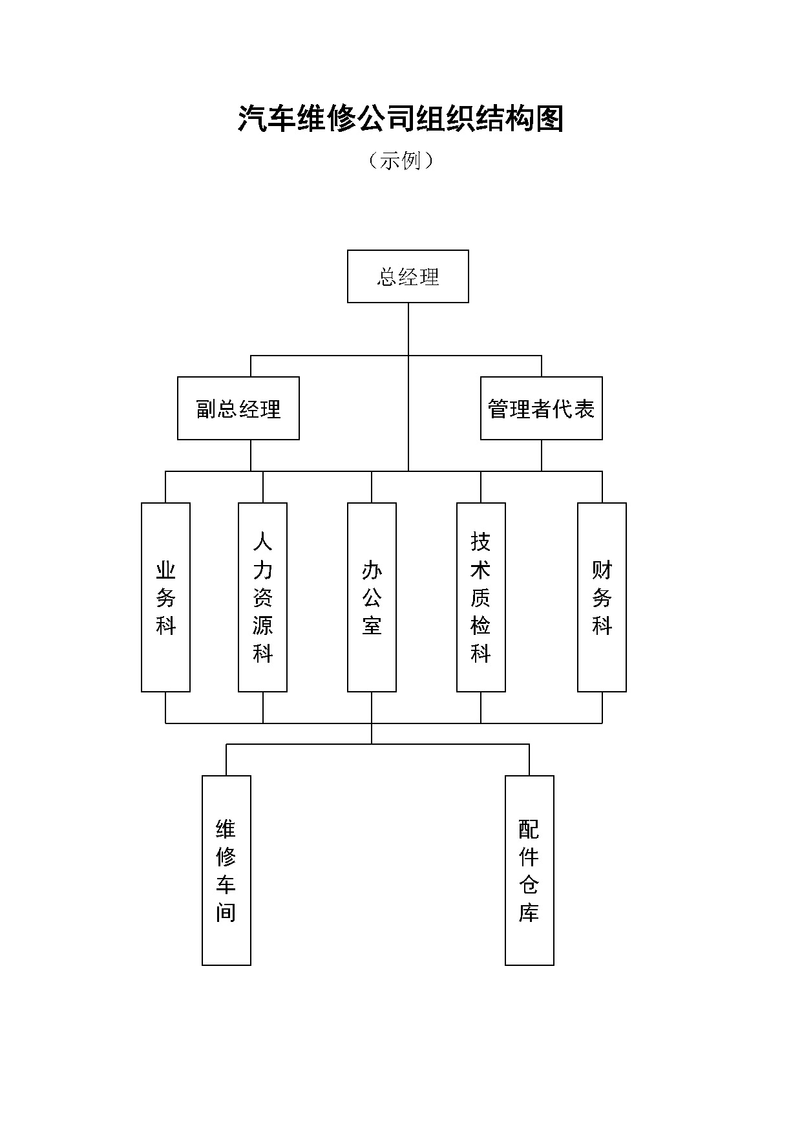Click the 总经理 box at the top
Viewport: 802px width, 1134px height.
coord(408,277)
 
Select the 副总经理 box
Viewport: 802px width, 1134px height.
coord(238,409)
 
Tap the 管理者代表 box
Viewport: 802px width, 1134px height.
coord(541,409)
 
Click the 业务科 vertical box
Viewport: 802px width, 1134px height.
coord(165,597)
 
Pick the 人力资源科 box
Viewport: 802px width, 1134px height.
coord(262,597)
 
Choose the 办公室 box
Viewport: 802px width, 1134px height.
coord(372,597)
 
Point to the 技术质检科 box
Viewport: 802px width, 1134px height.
coord(481,597)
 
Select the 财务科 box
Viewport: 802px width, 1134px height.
coord(602,597)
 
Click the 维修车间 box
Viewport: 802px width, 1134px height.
coord(226,870)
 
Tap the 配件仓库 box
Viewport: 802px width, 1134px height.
coord(529,870)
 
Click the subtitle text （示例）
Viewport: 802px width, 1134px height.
coord(401,160)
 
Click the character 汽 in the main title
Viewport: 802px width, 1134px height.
coord(252,119)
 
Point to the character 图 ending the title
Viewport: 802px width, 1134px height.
coord(550,119)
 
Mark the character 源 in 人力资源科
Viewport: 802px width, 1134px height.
coord(262,625)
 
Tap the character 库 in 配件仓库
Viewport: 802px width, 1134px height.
coord(529,912)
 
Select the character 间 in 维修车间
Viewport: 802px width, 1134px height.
coord(226,912)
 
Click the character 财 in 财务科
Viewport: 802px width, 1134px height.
coord(602,570)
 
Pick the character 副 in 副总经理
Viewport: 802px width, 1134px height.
coord(206,409)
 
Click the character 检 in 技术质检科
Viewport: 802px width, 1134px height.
coord(481,625)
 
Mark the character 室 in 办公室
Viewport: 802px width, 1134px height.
coord(372,625)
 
